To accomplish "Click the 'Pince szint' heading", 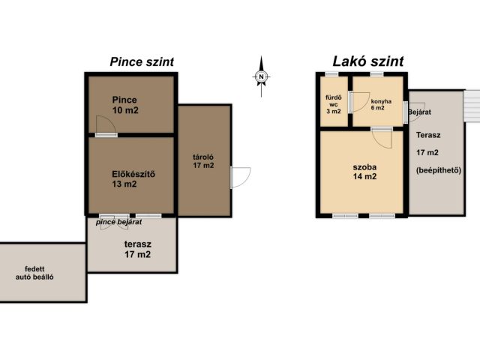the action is [142, 61].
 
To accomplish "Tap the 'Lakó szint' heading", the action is [368, 61].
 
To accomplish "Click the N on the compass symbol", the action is [261, 76].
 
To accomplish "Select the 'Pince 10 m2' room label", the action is [125, 105].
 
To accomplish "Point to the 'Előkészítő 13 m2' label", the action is [133, 179].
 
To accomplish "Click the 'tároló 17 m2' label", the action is [203, 161].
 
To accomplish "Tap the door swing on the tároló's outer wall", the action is [241, 177].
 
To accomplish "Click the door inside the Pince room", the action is [106, 125].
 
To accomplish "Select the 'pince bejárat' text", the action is [118, 222].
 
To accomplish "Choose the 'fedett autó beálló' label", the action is [34, 273].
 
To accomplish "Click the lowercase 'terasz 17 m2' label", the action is [138, 249].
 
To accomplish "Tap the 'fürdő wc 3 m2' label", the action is [333, 104].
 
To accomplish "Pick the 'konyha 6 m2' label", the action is [381, 104].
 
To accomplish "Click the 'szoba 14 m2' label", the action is [364, 172].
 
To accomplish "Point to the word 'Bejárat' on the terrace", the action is [419, 112].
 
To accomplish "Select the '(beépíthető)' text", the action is [439, 170].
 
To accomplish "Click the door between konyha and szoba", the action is [382, 138].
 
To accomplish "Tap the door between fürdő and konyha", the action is [359, 102].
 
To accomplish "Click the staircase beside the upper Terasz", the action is [472, 106].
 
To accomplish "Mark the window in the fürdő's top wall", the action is [331, 74].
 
